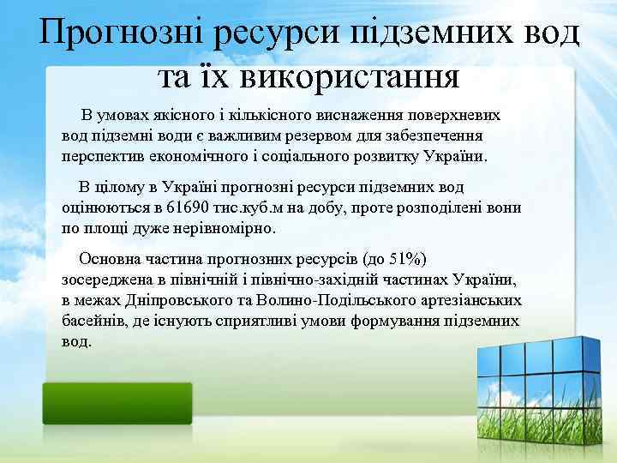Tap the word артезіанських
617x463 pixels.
click(469, 300)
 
